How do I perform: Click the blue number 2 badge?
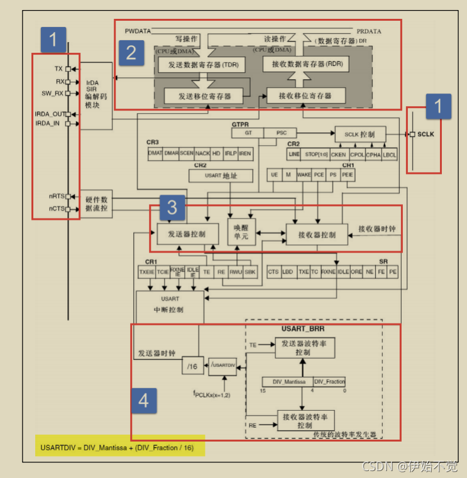131,52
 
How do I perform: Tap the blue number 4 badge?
144,400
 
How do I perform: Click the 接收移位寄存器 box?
306,95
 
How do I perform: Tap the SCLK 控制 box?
358,134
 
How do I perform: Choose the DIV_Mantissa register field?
287,381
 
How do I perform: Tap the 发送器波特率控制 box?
305,347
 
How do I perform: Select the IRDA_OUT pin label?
50,114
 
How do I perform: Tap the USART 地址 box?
221,176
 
